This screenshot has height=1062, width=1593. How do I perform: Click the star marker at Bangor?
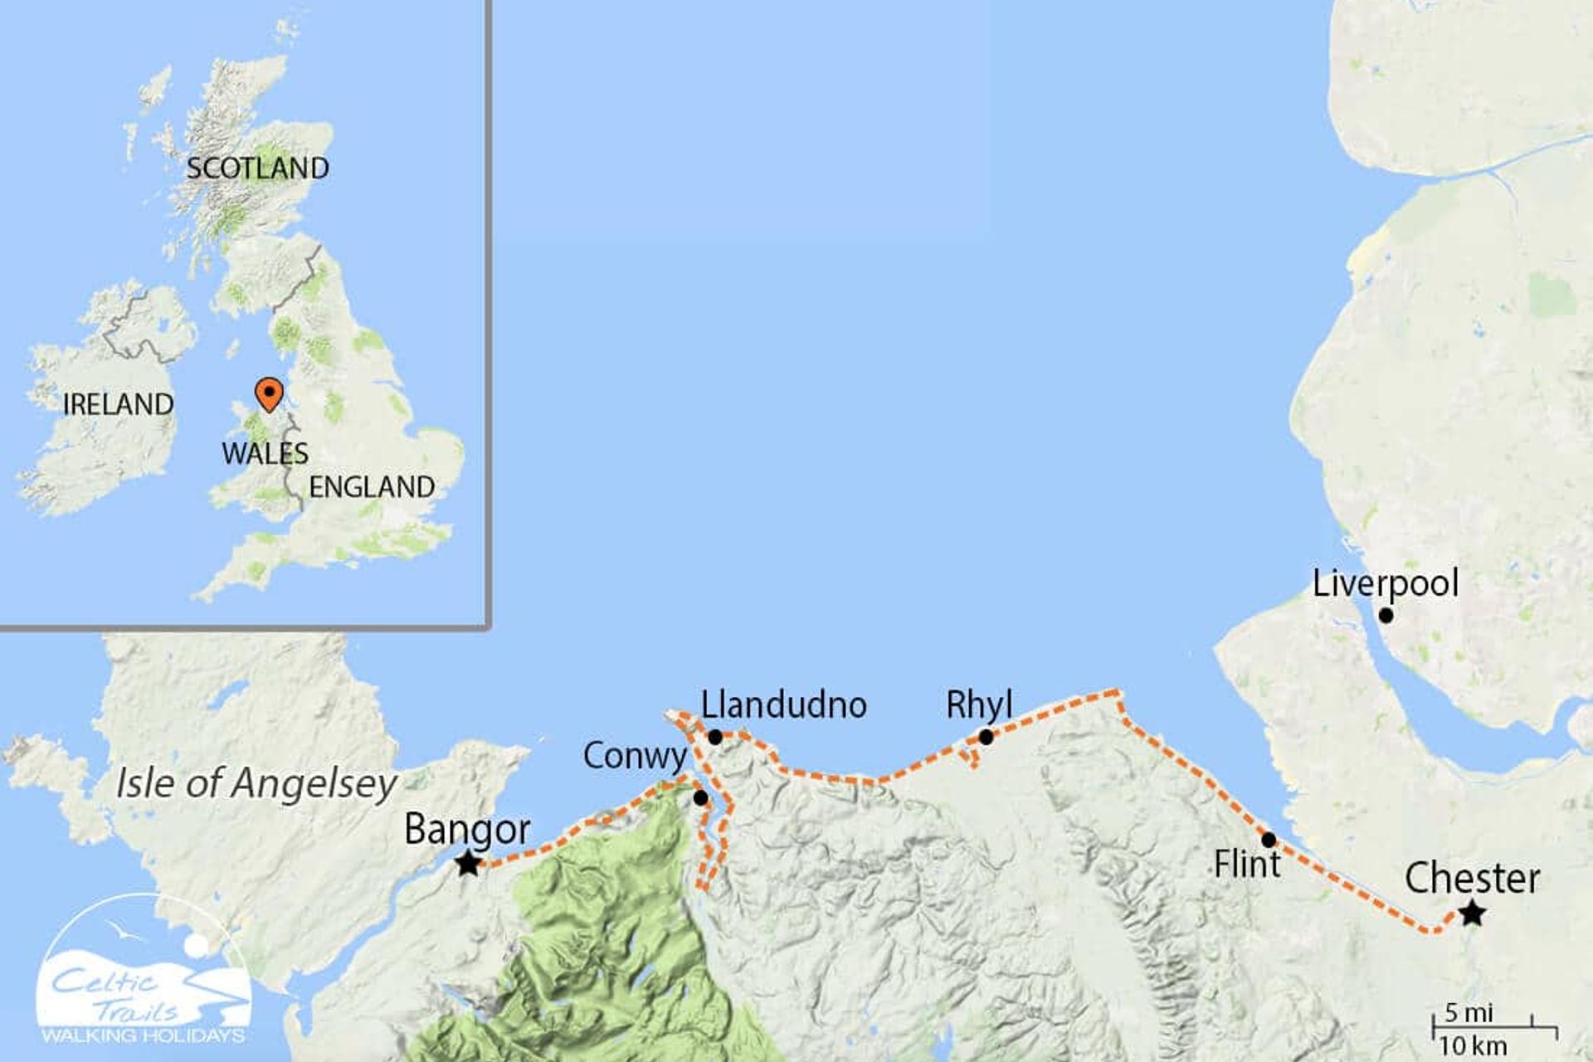[468, 864]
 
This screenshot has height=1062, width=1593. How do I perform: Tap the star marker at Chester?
[1473, 914]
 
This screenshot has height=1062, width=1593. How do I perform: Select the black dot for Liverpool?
[1386, 616]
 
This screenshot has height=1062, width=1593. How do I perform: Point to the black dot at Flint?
[1269, 840]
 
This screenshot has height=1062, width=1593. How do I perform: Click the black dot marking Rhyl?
[986, 737]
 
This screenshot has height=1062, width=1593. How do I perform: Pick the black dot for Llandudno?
[715, 737]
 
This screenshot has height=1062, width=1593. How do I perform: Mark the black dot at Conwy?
[700, 798]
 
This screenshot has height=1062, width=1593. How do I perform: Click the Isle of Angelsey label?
[256, 783]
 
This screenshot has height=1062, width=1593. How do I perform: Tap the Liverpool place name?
[1385, 583]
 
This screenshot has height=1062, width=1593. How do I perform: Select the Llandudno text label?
[784, 705]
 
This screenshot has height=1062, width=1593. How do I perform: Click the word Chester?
[1472, 879]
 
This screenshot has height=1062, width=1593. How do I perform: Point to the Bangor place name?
[467, 829]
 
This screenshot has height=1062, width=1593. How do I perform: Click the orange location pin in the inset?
[269, 393]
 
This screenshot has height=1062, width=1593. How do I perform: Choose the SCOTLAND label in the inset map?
[257, 168]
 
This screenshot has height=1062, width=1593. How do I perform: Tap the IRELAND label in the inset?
[118, 404]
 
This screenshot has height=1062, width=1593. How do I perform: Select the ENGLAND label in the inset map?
[372, 487]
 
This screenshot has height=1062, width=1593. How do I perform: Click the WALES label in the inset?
[265, 454]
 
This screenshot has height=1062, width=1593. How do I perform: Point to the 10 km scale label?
[1473, 1046]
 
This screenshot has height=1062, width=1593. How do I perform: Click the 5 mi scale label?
[1469, 1013]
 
